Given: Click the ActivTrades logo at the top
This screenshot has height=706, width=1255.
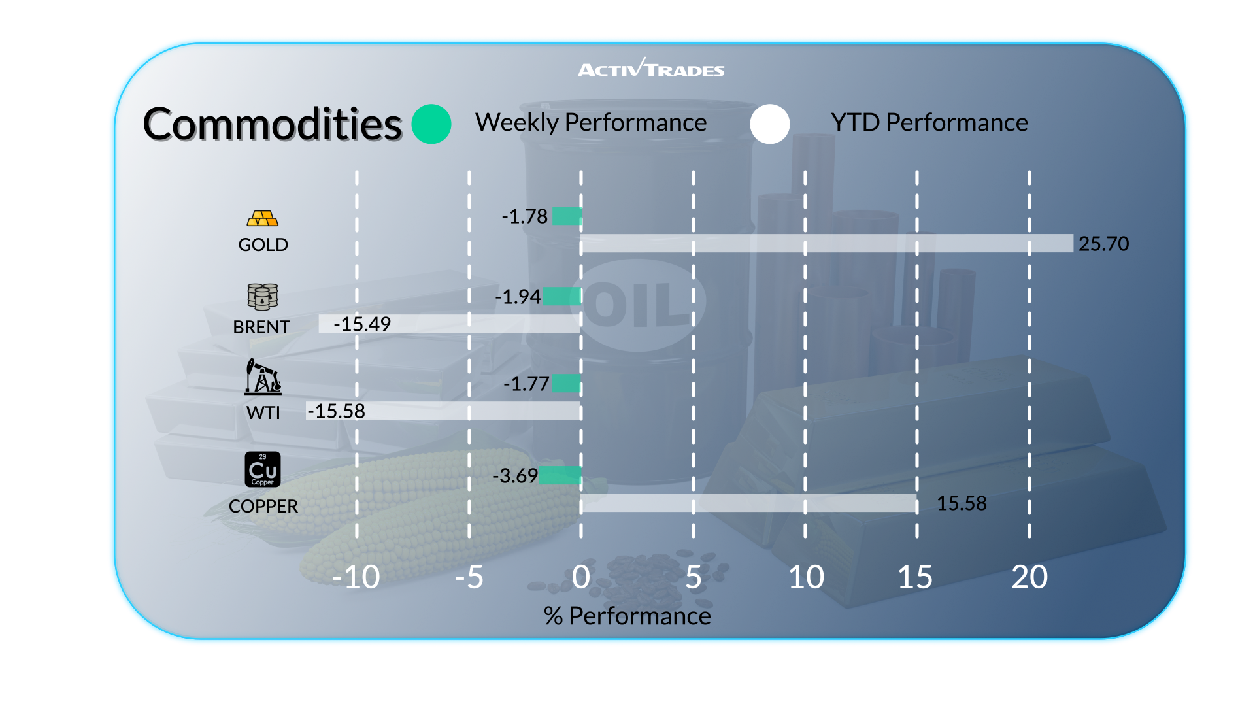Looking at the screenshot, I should (x=651, y=68).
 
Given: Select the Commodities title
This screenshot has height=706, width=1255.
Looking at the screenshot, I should (x=272, y=124).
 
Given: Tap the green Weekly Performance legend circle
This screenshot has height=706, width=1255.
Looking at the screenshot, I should (x=431, y=124).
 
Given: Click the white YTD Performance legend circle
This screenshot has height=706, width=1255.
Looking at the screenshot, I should (x=770, y=124).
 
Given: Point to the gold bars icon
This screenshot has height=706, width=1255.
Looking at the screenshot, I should (x=263, y=218).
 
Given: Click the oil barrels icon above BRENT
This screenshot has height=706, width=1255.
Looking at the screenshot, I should (x=263, y=297).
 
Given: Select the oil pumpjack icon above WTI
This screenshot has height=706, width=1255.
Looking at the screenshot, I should (x=263, y=377).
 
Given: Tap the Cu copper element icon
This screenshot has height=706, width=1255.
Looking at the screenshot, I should (x=263, y=469).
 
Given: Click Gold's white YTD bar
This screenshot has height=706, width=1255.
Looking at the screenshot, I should (x=827, y=243).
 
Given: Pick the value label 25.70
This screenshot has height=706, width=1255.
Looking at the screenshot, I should (x=1103, y=244).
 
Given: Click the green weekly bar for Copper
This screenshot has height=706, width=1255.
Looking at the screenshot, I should (x=560, y=475).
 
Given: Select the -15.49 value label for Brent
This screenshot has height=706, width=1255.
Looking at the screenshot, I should (x=362, y=324).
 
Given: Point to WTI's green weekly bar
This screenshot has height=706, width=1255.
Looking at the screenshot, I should (x=567, y=383).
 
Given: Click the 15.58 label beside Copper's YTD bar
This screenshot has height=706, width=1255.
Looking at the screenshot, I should (x=962, y=503).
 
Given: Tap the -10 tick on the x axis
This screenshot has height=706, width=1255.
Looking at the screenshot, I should (x=356, y=577).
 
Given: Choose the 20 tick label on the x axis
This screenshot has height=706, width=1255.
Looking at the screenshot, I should (x=1029, y=577).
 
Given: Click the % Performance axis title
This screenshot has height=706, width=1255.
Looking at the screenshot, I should (x=627, y=616).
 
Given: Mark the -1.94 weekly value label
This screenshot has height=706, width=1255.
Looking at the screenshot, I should (x=518, y=297).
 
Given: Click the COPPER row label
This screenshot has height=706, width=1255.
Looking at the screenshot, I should (x=263, y=506).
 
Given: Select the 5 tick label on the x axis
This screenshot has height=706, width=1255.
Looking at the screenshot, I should (x=694, y=577).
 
